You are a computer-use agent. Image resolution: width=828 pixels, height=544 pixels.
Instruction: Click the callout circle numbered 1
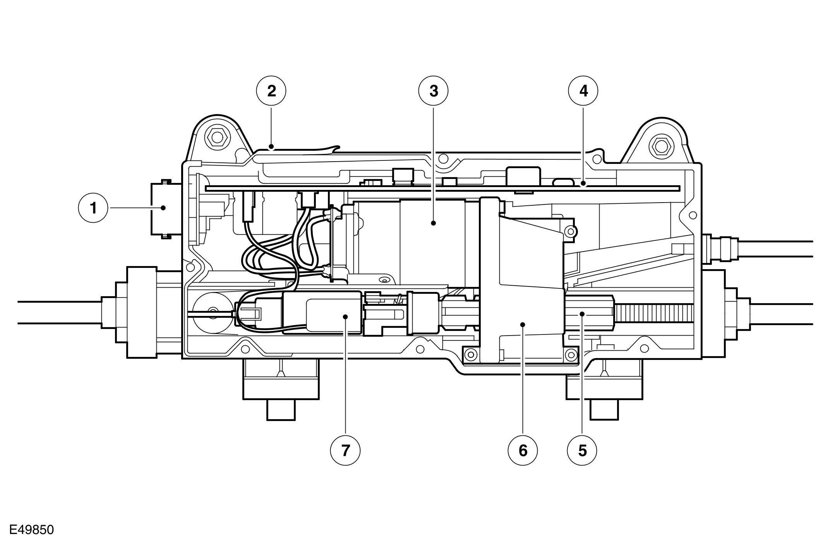pos(93,208)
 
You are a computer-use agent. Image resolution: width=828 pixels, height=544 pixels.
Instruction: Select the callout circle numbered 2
pos(271,91)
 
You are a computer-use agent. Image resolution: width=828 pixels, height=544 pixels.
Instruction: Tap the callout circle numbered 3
pos(433,91)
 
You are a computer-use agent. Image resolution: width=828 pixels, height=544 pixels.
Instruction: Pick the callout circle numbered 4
pos(583,91)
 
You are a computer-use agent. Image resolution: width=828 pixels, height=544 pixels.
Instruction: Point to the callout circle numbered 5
pos(582,450)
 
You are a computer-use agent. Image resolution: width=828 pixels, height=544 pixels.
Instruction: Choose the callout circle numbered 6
pos(523,450)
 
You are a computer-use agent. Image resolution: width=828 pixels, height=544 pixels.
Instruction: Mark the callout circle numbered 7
pos(345,450)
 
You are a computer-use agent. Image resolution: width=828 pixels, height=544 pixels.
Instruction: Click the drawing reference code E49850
pos(32,530)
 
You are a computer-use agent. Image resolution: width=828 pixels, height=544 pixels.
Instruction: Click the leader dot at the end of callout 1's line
pos(163,208)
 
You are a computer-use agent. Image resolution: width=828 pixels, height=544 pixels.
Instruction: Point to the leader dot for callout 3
pos(434,223)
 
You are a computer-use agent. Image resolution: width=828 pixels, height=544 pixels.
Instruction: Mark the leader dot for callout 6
pos(523,324)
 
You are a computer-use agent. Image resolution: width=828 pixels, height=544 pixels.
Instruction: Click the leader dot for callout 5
pos(582,314)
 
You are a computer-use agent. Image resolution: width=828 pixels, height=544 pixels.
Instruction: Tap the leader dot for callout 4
pos(583,185)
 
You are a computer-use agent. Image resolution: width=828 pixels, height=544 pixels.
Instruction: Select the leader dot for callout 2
pos(271,147)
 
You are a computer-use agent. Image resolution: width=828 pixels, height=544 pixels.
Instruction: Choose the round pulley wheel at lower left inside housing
pos(212,312)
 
